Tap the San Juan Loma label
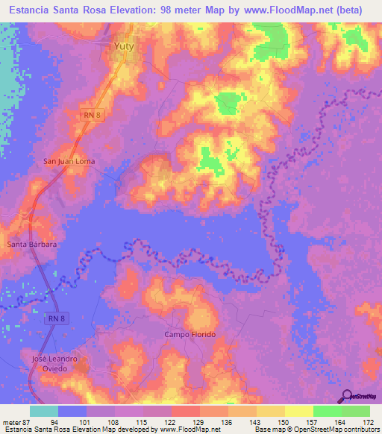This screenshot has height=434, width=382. click(70, 160)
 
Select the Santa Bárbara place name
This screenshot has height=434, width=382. click(32, 244)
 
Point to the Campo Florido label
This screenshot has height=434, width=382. click(190, 335)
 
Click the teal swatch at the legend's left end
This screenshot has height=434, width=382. click(44, 411)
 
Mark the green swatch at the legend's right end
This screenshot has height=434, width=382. click(356, 411)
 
